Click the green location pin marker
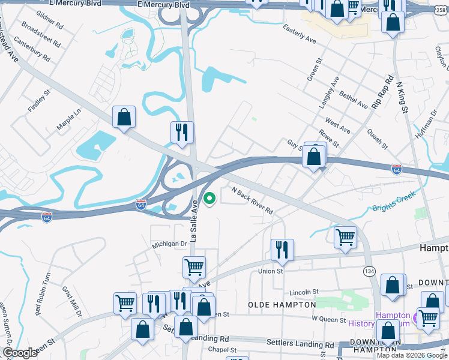click(210, 198)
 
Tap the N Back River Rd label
click(252, 200)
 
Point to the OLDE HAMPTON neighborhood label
click(277, 305)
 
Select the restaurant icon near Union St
click(282, 249)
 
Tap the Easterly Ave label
click(299, 38)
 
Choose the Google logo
click(20, 353)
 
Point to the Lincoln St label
click(303, 292)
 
